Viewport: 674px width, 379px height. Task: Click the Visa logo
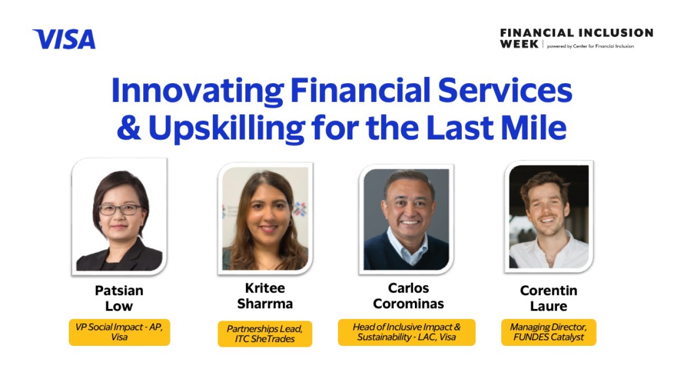click(x=64, y=39)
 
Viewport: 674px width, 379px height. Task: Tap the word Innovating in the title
click(x=197, y=91)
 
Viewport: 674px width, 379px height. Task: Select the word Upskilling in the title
click(x=226, y=128)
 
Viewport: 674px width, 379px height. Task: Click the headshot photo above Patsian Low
click(x=120, y=217)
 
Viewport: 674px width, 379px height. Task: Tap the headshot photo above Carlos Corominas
click(x=407, y=219)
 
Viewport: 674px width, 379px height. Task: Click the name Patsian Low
click(x=119, y=298)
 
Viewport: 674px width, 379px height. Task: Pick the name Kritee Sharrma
click(x=265, y=296)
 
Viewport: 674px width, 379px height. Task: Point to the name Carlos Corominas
click(x=409, y=296)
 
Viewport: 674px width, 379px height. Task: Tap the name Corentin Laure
click(x=549, y=298)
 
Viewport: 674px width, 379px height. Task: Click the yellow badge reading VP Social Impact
click(x=120, y=332)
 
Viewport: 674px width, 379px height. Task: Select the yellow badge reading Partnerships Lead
click(x=265, y=334)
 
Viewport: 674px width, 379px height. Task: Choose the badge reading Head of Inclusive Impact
click(x=407, y=332)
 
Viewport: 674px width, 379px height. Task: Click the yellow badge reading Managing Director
click(x=549, y=332)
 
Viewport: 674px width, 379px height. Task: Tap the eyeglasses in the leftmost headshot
click(x=121, y=210)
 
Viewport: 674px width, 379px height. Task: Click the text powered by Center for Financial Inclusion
click(x=590, y=46)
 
